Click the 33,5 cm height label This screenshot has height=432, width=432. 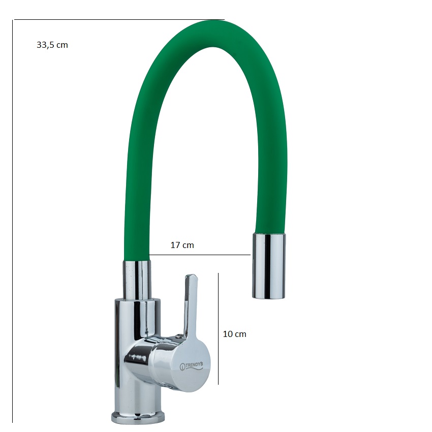pos(52,45)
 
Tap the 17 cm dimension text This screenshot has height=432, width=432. pos(182,245)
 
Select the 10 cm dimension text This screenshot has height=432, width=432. pos(234,334)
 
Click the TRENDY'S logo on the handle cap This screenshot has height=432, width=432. pos(191,365)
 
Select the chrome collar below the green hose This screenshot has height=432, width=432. pos(137,280)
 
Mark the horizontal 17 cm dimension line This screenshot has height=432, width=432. pos(200,255)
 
